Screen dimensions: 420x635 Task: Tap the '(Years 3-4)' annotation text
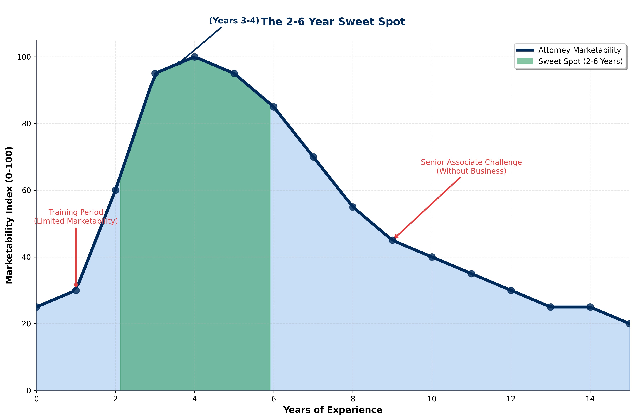(x=234, y=21)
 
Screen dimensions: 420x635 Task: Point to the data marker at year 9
(x=392, y=240)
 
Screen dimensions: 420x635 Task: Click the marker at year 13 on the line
(x=551, y=307)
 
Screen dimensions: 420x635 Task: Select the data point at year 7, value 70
(x=313, y=157)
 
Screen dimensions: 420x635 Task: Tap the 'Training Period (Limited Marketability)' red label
(x=76, y=217)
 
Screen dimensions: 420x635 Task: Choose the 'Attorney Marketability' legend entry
(x=579, y=50)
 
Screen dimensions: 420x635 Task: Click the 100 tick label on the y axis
(x=24, y=57)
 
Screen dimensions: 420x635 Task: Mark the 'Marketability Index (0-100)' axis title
(x=9, y=215)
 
